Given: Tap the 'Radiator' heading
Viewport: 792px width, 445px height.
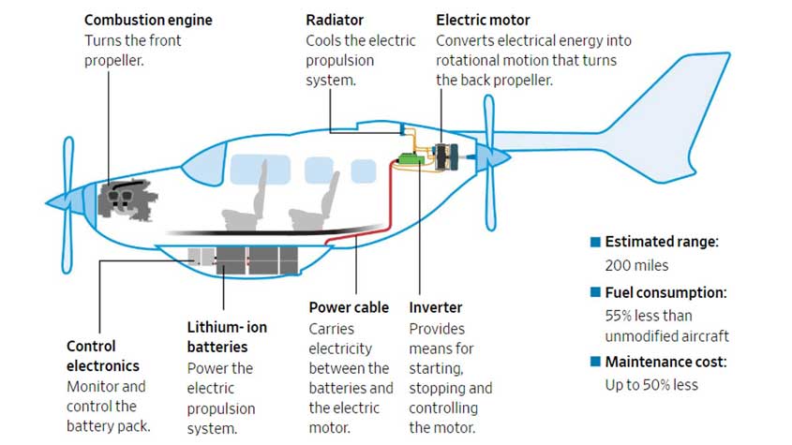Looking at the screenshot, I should tap(336, 20).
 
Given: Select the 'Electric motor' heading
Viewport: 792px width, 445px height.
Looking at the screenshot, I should tap(483, 20).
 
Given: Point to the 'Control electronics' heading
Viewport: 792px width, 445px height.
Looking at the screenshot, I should tap(102, 356).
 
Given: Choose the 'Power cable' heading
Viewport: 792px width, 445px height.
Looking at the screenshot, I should tap(348, 307).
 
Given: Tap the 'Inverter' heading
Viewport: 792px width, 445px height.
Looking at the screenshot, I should tap(435, 307).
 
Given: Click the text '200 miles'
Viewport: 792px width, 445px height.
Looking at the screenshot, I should tap(637, 265).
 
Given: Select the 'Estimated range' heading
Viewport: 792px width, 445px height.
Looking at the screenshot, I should tap(662, 242).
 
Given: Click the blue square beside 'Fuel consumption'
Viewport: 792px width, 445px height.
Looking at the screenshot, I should tap(595, 292).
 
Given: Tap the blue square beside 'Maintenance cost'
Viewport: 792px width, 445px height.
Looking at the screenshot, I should tap(595, 362).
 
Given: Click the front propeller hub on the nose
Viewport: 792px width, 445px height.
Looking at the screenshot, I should tap(58, 200).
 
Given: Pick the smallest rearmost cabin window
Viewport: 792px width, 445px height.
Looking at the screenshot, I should tap(362, 171).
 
